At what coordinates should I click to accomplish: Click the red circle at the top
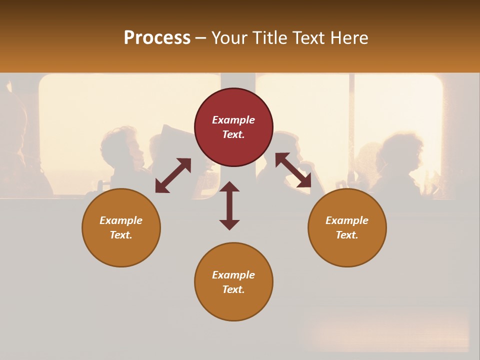pos(233,127)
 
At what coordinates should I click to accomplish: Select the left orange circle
pos(121,227)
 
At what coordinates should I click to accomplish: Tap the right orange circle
pos(347,227)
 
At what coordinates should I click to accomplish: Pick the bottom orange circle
pos(233,282)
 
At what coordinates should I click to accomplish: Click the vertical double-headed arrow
pos(229,205)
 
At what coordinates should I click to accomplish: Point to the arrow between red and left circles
pos(173,175)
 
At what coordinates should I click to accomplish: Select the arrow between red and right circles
pos(293,170)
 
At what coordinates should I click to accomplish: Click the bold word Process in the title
pos(157,38)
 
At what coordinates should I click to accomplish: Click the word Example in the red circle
pos(233,120)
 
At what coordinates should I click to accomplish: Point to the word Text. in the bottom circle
pos(233,289)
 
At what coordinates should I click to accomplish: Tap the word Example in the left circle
pos(121,220)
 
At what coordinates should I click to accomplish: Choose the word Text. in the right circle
pos(347,235)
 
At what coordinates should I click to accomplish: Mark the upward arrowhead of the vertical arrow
pos(229,187)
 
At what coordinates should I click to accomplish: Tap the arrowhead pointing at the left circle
pos(161,186)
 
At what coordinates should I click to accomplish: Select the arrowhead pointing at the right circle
pos(304,181)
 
